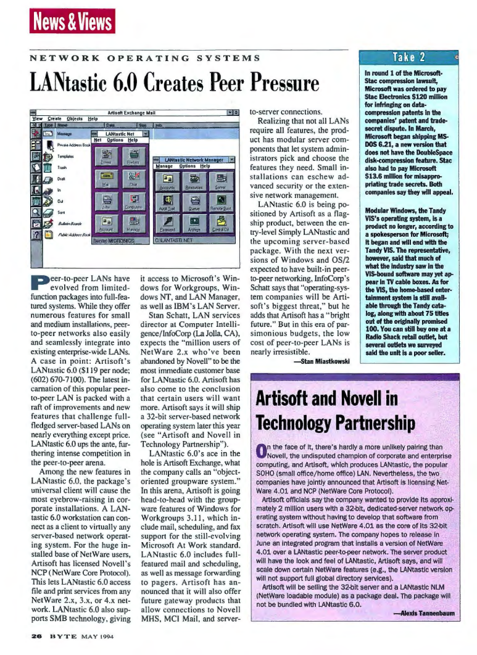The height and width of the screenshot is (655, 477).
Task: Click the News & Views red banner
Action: click(72, 22)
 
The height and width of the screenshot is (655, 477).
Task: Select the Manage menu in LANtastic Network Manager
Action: click(164, 167)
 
